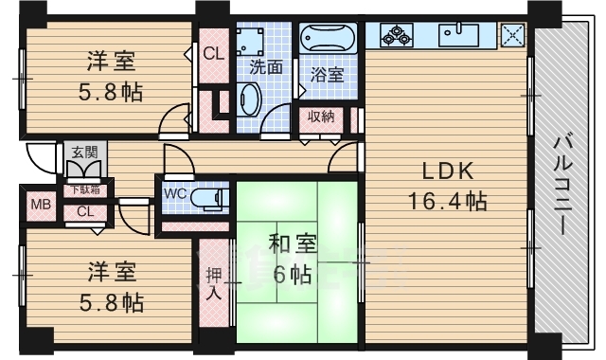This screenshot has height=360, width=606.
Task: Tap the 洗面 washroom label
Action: coord(266,68)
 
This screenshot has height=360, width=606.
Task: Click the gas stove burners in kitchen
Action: coord(395,36)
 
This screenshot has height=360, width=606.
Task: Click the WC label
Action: coord(175,194)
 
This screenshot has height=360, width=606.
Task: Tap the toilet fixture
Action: coord(208,198)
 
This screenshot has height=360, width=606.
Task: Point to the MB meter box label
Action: coord(40,205)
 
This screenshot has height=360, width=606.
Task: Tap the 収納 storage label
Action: coord(319,117)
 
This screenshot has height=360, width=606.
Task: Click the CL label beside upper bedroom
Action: coord(213,54)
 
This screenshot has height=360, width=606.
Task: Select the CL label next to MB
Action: coord(84,211)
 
